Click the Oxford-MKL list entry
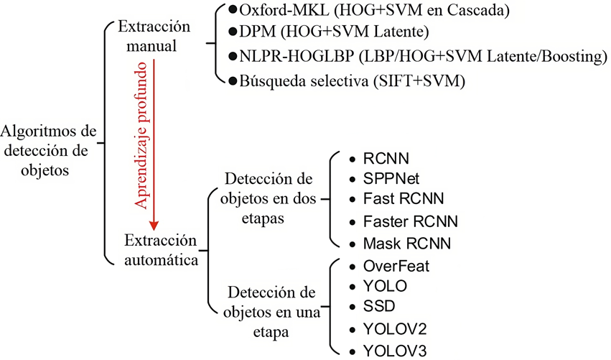tap(375, 10)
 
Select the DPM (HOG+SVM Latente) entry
tap(334, 32)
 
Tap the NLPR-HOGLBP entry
tap(423, 56)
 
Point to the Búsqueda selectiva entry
tap(353, 81)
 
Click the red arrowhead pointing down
tap(154, 226)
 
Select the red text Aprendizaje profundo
tap(141, 135)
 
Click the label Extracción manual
tap(154, 36)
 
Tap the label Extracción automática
tap(161, 250)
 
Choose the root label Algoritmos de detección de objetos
tap(48, 151)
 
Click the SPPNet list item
tap(391, 179)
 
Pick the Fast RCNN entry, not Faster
tap(404, 198)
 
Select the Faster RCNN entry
tap(410, 221)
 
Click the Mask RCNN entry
tap(407, 244)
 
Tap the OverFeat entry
tap(396, 267)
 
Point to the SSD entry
tap(379, 306)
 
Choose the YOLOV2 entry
tap(395, 329)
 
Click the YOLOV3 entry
tap(395, 351)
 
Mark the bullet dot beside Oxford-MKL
tap(233, 10)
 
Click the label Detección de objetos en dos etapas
tap(268, 198)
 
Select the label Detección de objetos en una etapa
tap(271, 312)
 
